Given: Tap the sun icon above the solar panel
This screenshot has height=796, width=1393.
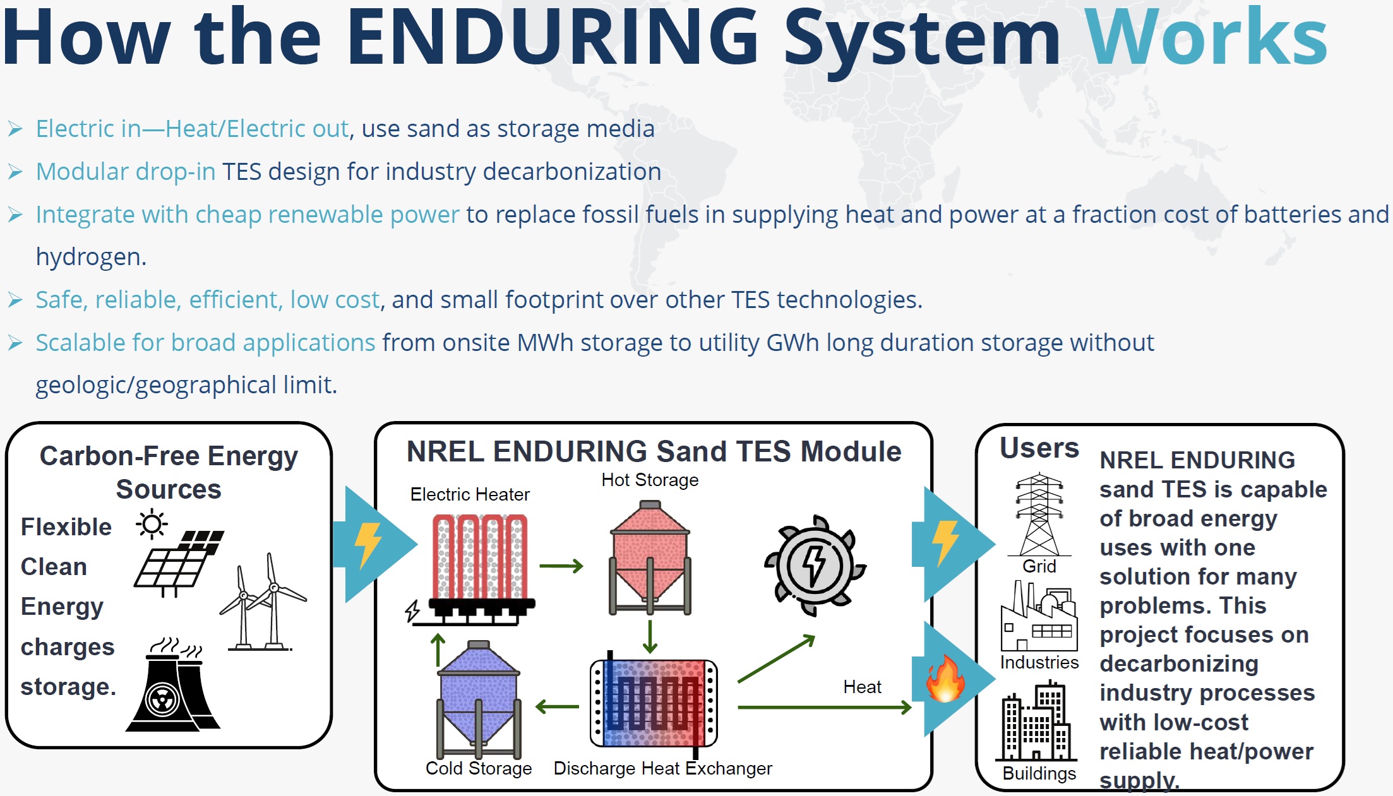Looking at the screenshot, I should click(152, 525).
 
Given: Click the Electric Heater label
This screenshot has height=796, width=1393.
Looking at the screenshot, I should click(470, 494).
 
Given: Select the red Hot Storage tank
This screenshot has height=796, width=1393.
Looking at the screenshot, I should click(650, 555).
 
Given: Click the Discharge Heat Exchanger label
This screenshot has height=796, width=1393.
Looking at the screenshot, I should click(662, 768).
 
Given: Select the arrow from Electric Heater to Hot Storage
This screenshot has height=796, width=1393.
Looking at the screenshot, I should click(561, 566).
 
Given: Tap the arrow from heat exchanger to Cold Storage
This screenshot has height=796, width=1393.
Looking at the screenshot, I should click(557, 707).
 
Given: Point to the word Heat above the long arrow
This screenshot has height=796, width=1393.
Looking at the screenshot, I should click(862, 687).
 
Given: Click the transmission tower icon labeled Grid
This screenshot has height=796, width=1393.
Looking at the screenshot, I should click(1039, 514).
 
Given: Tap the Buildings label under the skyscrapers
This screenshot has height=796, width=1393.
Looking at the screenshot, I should click(1039, 773).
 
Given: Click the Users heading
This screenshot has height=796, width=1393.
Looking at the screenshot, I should click(1039, 448).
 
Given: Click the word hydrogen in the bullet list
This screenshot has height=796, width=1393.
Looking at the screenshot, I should click(90, 258).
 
